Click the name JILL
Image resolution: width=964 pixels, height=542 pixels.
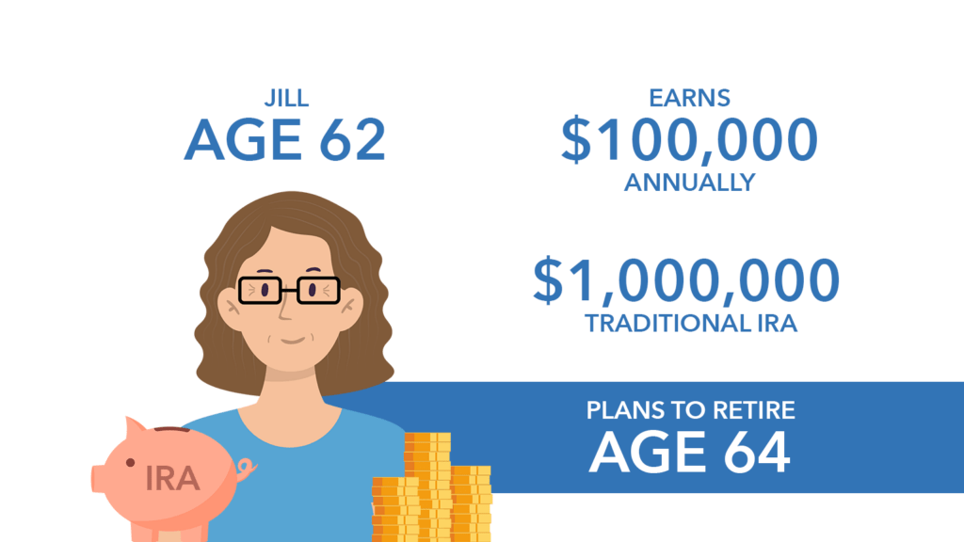[x=286, y=98]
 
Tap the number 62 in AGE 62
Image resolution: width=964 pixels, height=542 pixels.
[x=352, y=140]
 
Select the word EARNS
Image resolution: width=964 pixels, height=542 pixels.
[x=690, y=98]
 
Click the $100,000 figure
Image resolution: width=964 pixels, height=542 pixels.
[x=689, y=140]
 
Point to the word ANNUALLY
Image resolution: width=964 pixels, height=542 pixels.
[x=690, y=183]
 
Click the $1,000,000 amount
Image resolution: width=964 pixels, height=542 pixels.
[x=686, y=280]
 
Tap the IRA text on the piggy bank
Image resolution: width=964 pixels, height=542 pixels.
[x=172, y=479]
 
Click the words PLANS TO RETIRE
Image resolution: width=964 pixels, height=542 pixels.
[x=690, y=410]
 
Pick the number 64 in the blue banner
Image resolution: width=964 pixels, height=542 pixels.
[x=756, y=452]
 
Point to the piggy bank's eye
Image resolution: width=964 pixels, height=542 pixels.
[x=130, y=463]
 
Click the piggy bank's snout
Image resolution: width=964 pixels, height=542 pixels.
[x=98, y=478]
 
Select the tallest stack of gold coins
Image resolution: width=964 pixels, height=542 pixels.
[x=428, y=486]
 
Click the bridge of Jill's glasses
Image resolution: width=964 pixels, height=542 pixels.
[x=290, y=290]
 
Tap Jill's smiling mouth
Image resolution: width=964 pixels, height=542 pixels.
[x=293, y=340]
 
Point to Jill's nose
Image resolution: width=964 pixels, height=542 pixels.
[x=286, y=311]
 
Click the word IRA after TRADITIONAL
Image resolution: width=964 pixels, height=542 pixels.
[x=777, y=324]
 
